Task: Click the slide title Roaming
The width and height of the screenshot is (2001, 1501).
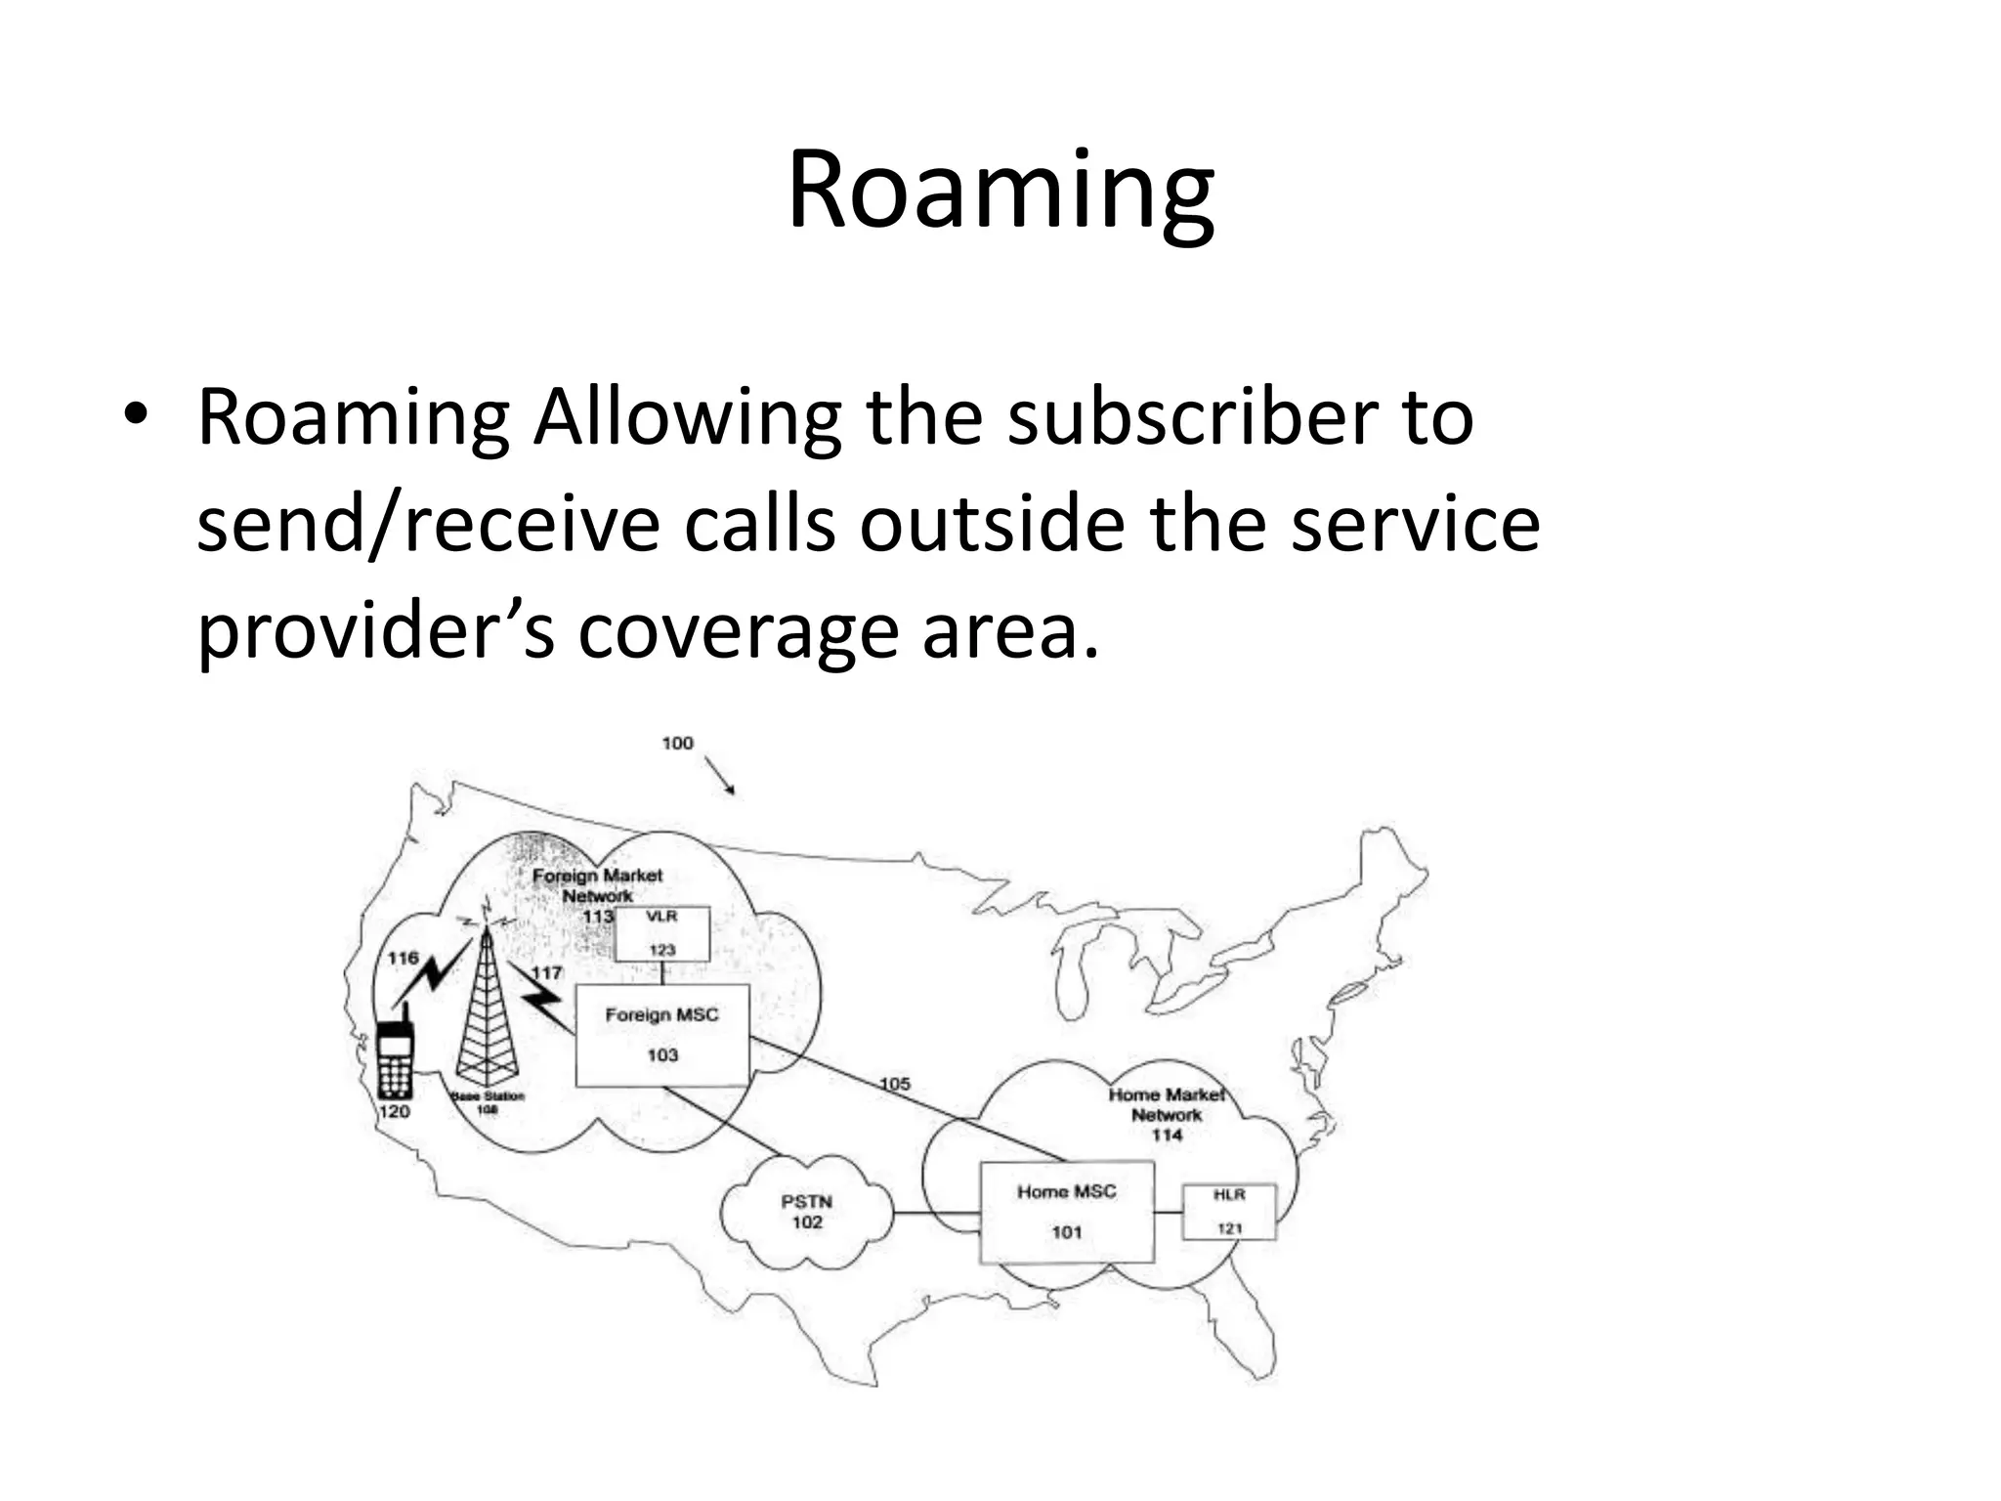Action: [x=1000, y=191]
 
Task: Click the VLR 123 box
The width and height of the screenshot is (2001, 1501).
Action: [x=661, y=934]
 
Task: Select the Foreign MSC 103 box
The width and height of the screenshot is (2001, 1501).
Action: [x=661, y=1035]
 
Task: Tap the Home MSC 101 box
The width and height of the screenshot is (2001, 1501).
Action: [x=1066, y=1212]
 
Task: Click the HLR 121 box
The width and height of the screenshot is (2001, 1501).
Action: [x=1228, y=1212]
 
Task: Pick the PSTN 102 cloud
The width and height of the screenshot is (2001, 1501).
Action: [x=806, y=1213]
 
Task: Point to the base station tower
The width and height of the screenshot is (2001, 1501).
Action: [x=486, y=1007]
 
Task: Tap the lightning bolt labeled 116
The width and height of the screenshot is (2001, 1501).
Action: [x=428, y=977]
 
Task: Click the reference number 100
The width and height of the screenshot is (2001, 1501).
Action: [x=677, y=744]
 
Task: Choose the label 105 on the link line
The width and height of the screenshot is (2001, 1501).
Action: [x=894, y=1084]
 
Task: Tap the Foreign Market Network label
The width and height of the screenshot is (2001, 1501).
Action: [x=597, y=885]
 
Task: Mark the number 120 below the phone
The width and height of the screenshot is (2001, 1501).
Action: [x=395, y=1111]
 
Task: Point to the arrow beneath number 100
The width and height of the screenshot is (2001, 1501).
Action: [x=720, y=777]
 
